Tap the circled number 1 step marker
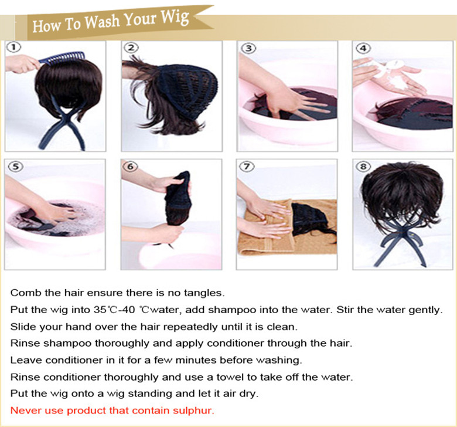(13, 48)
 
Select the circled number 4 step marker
(363, 48)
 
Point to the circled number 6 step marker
(130, 167)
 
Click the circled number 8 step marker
(363, 167)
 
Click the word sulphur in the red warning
(193, 411)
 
